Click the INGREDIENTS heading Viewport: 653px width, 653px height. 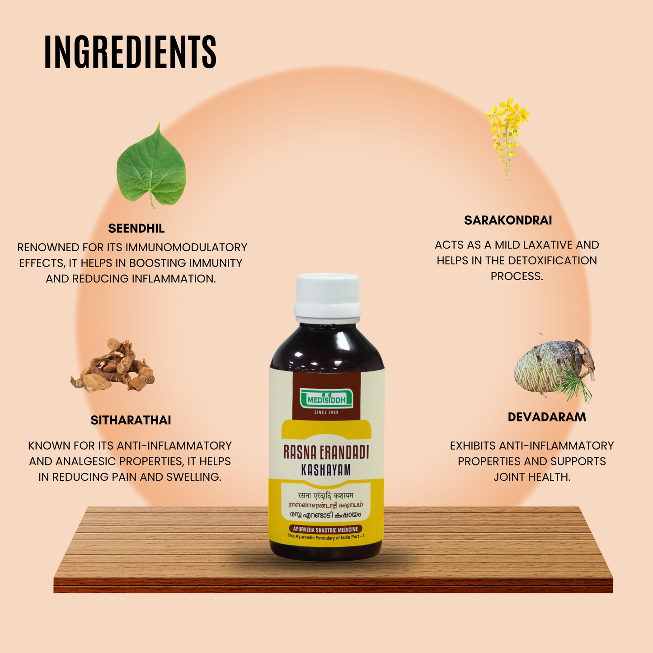(130, 52)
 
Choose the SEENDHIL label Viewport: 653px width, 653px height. (136, 229)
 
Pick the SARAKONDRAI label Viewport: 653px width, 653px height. (508, 221)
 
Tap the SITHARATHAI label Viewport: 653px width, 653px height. (131, 420)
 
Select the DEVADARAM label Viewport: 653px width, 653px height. (547, 417)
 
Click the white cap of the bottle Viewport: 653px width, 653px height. (328, 296)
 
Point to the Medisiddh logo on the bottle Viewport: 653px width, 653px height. (326, 399)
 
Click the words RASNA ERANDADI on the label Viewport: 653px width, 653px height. (326, 452)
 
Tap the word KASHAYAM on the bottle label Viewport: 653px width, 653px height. (326, 470)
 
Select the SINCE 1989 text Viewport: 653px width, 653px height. (326, 412)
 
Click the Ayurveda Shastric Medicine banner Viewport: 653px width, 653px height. (325, 529)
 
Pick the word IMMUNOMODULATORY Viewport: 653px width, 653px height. (186, 248)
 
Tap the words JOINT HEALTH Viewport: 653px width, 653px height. (532, 477)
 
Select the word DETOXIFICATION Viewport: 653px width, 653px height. (552, 261)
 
